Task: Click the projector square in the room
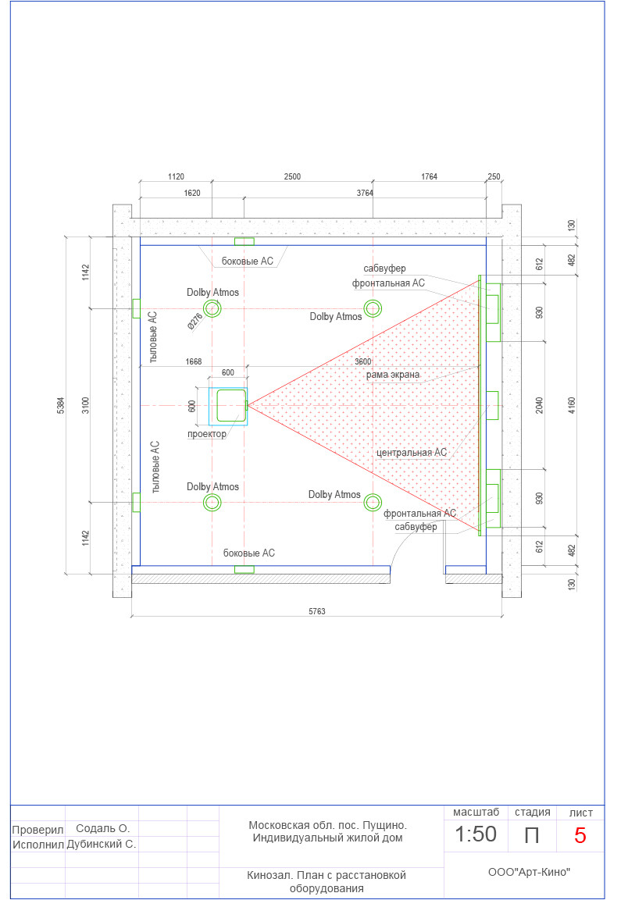point(231,405)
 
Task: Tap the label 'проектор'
point(207,434)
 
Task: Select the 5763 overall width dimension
point(317,611)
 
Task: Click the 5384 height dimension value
point(61,405)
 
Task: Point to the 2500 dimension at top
point(292,176)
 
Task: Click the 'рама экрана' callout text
point(393,375)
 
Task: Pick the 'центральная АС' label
point(412,452)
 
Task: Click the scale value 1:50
point(476,834)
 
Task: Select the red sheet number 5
point(580,835)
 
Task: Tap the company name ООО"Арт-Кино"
point(529,872)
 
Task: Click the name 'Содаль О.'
point(103,828)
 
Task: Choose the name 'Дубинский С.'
point(101,844)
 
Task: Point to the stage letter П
point(532,835)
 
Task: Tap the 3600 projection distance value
point(363,361)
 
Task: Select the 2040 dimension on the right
point(540,405)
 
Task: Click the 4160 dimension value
point(572,405)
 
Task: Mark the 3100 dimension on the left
point(86,405)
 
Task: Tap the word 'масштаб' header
point(476,812)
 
